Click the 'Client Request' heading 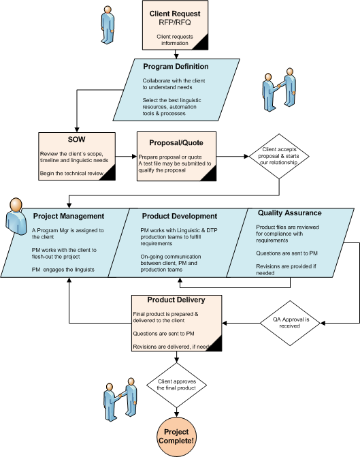pyautogui.click(x=175, y=14)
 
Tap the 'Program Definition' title pyautogui.click(x=176, y=67)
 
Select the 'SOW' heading pyautogui.click(x=77, y=140)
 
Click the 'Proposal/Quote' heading pyautogui.click(x=176, y=142)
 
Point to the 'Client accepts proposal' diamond pyautogui.click(x=279, y=156)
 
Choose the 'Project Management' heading pyautogui.click(x=69, y=216)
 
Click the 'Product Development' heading pyautogui.click(x=180, y=216)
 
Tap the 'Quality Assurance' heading pyautogui.click(x=289, y=212)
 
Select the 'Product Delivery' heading pyautogui.click(x=176, y=300)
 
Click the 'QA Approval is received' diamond pyautogui.click(x=290, y=323)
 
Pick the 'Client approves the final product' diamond pyautogui.click(x=176, y=385)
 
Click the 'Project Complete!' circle pyautogui.click(x=176, y=437)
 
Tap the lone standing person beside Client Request pyautogui.click(x=108, y=25)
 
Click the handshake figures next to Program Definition pyautogui.click(x=279, y=90)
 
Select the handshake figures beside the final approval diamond pyautogui.click(x=120, y=400)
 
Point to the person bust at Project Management pyautogui.click(x=16, y=217)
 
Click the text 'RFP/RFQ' pyautogui.click(x=175, y=22)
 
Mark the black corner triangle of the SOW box pyautogui.click(x=109, y=174)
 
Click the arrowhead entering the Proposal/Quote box pyautogui.click(x=134, y=157)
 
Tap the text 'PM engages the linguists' pyautogui.click(x=63, y=270)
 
